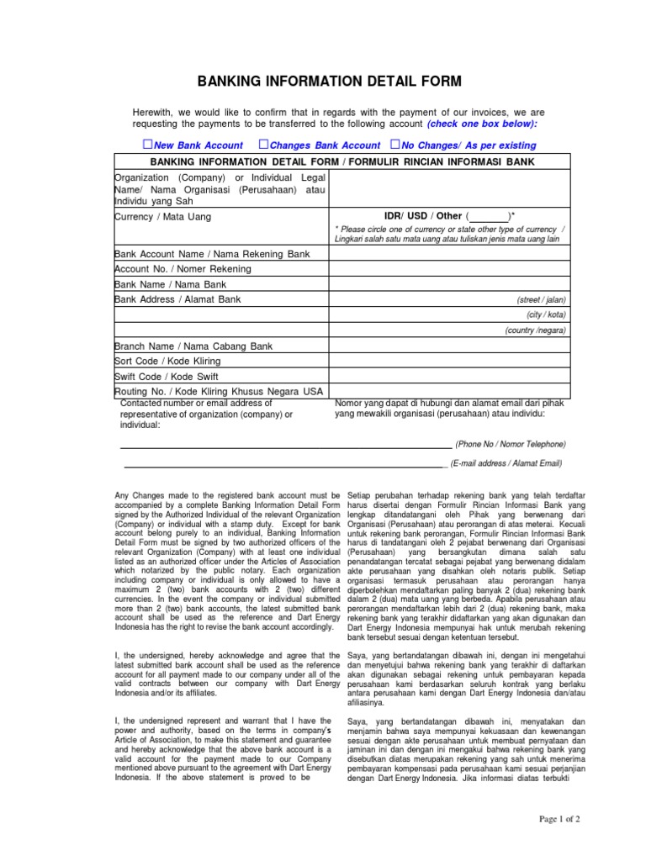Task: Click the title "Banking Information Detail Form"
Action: pos(329,82)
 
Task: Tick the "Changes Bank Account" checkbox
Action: pos(263,145)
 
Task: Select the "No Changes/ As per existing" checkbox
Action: pos(395,145)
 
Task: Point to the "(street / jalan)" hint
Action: pos(541,300)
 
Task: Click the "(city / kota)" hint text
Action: pos(546,315)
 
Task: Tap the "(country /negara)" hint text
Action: pos(536,330)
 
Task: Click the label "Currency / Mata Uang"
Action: pos(163,217)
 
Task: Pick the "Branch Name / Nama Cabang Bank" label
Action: pos(193,346)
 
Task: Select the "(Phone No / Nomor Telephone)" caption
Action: pos(511,444)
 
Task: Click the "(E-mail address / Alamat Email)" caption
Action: pos(506,463)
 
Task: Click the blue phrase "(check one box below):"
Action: pos(481,124)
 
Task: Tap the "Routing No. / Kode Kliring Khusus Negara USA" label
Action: pos(219,392)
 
